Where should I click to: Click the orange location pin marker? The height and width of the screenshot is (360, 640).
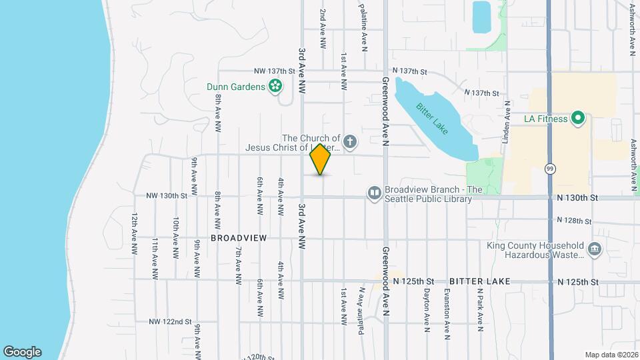[x=321, y=159]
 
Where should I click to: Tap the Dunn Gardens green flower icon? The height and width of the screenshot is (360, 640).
[x=274, y=86]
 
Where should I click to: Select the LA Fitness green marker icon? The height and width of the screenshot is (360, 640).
[x=578, y=119]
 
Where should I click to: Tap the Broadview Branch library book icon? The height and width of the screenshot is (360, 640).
[x=374, y=193]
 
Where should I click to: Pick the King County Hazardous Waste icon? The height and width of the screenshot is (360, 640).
[x=595, y=250]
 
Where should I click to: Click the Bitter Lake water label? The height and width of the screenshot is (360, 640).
[x=429, y=118]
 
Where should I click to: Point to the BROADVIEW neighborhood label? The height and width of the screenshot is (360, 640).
[x=239, y=238]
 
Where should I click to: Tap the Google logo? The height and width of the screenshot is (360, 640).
[x=22, y=351]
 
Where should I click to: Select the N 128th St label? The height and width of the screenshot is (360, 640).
[x=574, y=221]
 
